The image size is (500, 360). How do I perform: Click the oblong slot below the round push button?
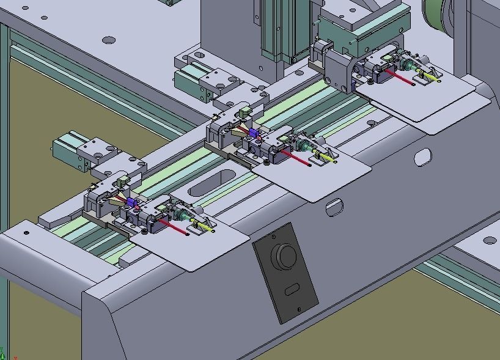point(292,288)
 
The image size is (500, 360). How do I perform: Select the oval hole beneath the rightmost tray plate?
point(422,158)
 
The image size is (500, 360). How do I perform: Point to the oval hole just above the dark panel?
point(334,208)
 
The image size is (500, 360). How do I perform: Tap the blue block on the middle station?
point(253,133)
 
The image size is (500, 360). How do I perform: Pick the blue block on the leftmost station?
point(131,202)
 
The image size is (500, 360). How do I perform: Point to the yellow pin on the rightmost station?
point(432,77)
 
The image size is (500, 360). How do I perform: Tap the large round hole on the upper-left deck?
point(109,40)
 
